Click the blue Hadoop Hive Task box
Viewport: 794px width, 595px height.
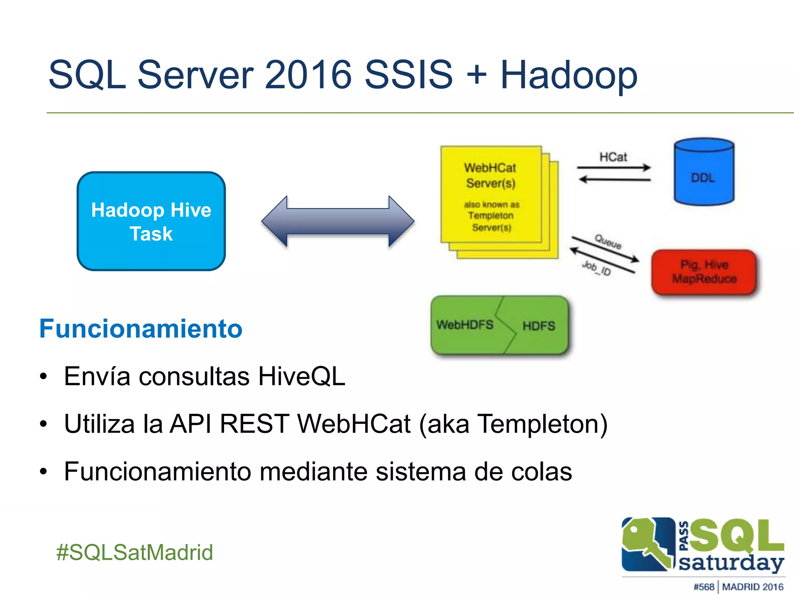tap(151, 221)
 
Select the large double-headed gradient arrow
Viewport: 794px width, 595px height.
tap(338, 221)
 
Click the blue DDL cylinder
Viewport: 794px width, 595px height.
tap(704, 172)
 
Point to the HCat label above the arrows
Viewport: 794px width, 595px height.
tap(613, 157)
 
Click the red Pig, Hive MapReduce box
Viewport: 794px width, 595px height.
tap(704, 272)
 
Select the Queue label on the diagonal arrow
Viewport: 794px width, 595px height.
tap(608, 242)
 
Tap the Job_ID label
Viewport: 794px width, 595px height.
tap(596, 268)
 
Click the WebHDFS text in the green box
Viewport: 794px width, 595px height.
tap(465, 325)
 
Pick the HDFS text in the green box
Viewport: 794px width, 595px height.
tap(539, 326)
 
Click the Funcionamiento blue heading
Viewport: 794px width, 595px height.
tap(141, 328)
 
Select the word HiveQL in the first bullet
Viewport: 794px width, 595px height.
tap(302, 376)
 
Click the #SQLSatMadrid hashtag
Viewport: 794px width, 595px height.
tap(135, 552)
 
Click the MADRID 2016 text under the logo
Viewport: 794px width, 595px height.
tap(753, 587)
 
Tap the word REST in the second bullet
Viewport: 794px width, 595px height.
tap(254, 424)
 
